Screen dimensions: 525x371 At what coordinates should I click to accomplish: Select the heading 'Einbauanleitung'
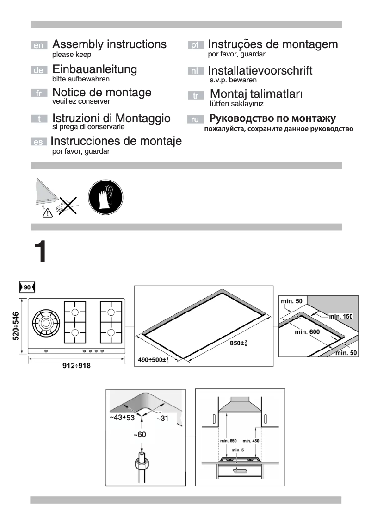[x=94, y=69]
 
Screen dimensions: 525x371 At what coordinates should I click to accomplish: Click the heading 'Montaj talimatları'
[x=256, y=94]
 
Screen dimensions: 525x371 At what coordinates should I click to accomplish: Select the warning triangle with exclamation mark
[x=47, y=213]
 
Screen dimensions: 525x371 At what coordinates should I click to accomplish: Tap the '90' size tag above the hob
[x=27, y=287]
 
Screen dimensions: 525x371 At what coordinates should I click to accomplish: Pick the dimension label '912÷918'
[x=76, y=366]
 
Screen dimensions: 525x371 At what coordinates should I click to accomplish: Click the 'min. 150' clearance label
[x=341, y=316]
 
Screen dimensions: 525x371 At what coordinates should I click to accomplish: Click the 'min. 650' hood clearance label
[x=227, y=441]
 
